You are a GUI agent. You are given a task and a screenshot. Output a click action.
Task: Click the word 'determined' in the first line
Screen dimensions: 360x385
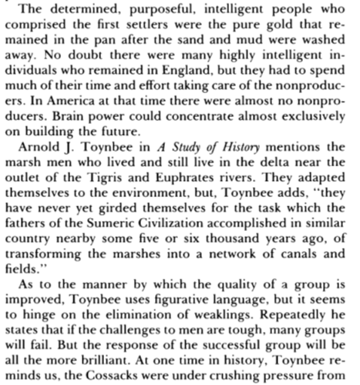coord(75,10)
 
